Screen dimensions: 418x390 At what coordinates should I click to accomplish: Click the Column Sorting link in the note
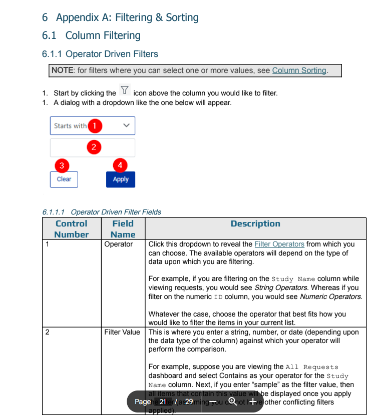pyautogui.click(x=299, y=70)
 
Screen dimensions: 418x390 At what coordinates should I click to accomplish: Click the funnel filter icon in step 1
pyautogui.click(x=125, y=91)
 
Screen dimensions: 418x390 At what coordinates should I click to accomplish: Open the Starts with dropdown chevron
pyautogui.click(x=126, y=126)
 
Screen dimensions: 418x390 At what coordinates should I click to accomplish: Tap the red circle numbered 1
pyautogui.click(x=95, y=125)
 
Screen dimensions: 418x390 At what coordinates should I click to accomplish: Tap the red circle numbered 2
pyautogui.click(x=93, y=147)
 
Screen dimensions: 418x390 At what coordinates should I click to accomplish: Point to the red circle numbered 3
pyautogui.click(x=62, y=165)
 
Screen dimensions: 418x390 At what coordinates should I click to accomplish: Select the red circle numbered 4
pyautogui.click(x=120, y=165)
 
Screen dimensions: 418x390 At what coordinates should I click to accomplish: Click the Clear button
pyautogui.click(x=64, y=179)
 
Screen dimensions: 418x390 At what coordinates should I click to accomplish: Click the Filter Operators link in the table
pyautogui.click(x=279, y=244)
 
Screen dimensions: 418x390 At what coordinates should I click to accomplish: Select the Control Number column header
pyautogui.click(x=71, y=229)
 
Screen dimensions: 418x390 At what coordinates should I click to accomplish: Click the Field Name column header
pyautogui.click(x=123, y=229)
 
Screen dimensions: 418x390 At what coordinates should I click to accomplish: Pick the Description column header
pyautogui.click(x=255, y=224)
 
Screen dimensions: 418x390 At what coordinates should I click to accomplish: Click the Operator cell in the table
pyautogui.click(x=119, y=244)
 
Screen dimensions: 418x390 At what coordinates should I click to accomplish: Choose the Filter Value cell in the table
pyautogui.click(x=122, y=332)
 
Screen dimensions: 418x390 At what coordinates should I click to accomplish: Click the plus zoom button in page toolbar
pyautogui.click(x=253, y=401)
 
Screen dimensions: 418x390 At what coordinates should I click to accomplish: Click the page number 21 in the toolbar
pyautogui.click(x=163, y=401)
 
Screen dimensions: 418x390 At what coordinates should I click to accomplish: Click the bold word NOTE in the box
pyautogui.click(x=63, y=70)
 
